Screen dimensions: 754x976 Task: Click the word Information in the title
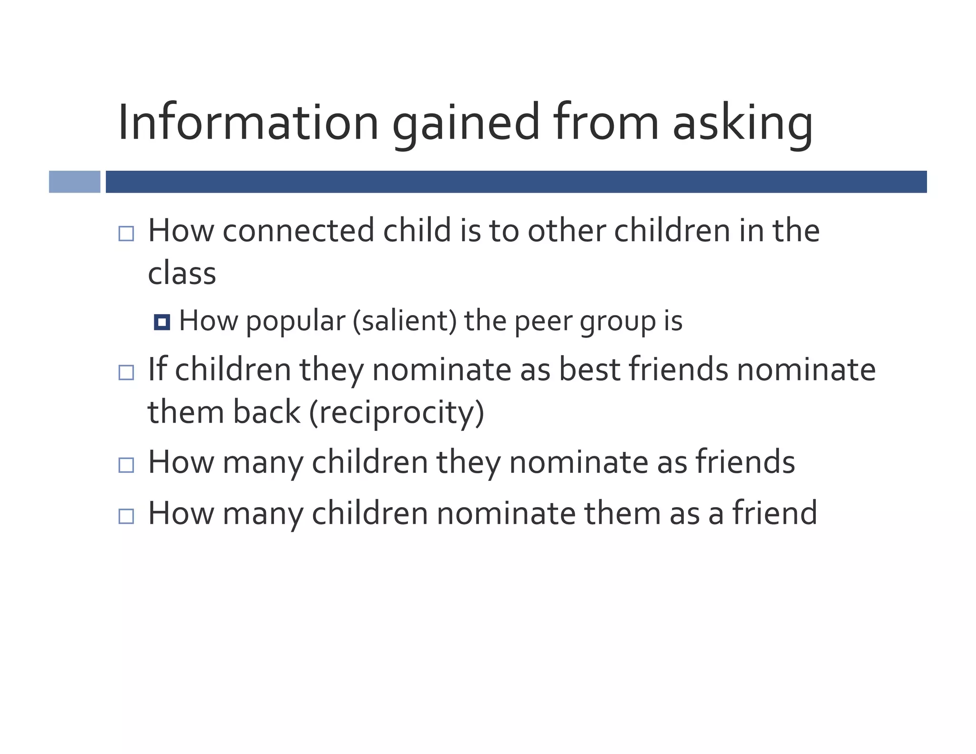[x=248, y=122]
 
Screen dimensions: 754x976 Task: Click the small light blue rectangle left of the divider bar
[x=75, y=182]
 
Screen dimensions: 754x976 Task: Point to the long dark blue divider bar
[x=516, y=182]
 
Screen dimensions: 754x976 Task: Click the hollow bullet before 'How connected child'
[x=126, y=234]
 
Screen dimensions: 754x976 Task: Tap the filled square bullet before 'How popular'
[x=162, y=322]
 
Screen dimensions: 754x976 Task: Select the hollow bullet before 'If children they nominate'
[x=126, y=372]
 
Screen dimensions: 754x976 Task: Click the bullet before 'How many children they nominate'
[x=126, y=465]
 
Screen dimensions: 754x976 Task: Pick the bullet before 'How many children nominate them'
[x=126, y=516]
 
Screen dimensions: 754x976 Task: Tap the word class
[x=182, y=274]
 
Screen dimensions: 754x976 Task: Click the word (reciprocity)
[x=396, y=413]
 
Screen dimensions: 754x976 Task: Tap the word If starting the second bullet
[x=157, y=369]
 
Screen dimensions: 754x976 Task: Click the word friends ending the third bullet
[x=745, y=462]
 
